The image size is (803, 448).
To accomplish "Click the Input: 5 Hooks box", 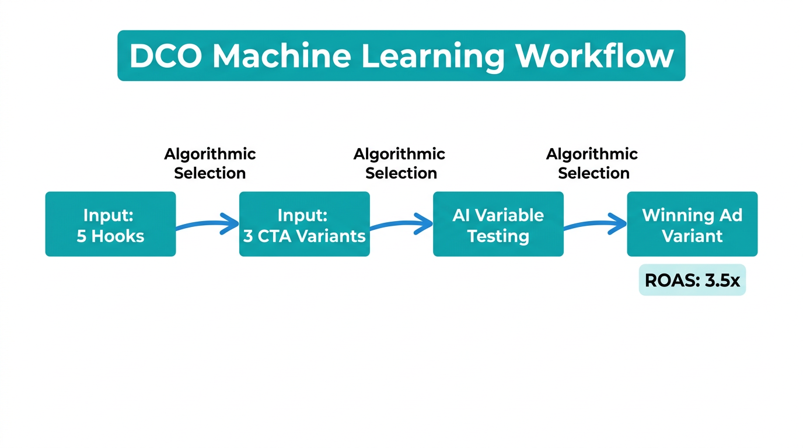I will click(x=110, y=224).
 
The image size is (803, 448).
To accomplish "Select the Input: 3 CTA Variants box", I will click(x=304, y=224).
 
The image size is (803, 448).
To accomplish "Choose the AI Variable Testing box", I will click(x=498, y=224).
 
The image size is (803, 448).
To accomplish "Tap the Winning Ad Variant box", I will click(x=692, y=224).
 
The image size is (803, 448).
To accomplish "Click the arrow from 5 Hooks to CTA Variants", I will click(x=208, y=224).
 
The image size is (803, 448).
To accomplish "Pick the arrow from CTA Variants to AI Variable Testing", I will click(x=401, y=224).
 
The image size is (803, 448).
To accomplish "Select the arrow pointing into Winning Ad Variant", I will click(x=595, y=224).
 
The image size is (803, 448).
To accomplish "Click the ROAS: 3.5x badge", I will click(x=692, y=281).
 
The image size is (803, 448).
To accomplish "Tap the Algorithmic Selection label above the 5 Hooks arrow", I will click(x=210, y=163).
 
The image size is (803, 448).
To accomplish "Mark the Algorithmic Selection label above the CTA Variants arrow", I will click(x=400, y=163).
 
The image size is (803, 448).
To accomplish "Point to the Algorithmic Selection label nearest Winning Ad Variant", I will click(x=592, y=163).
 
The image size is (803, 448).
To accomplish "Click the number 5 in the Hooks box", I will click(x=82, y=236).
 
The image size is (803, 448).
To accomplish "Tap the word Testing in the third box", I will click(x=498, y=236).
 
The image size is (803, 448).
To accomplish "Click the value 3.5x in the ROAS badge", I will click(x=722, y=281).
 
